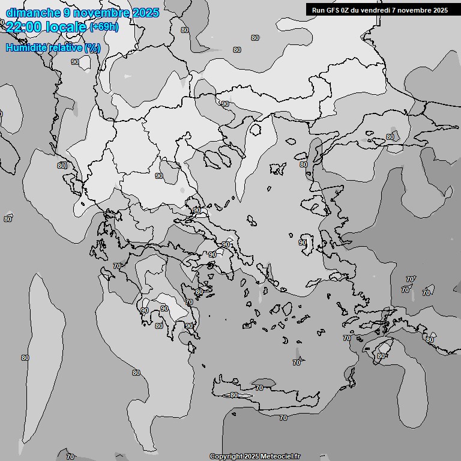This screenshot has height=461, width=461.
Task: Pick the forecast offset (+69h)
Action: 104,27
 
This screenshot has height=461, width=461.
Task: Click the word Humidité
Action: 28,47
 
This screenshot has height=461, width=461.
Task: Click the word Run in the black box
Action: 318,10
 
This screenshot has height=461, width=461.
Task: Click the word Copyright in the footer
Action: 226,456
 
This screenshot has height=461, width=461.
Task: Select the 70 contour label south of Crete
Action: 283,418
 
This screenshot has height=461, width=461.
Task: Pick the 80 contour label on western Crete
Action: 234,395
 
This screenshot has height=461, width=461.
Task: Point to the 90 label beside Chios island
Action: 302,243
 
